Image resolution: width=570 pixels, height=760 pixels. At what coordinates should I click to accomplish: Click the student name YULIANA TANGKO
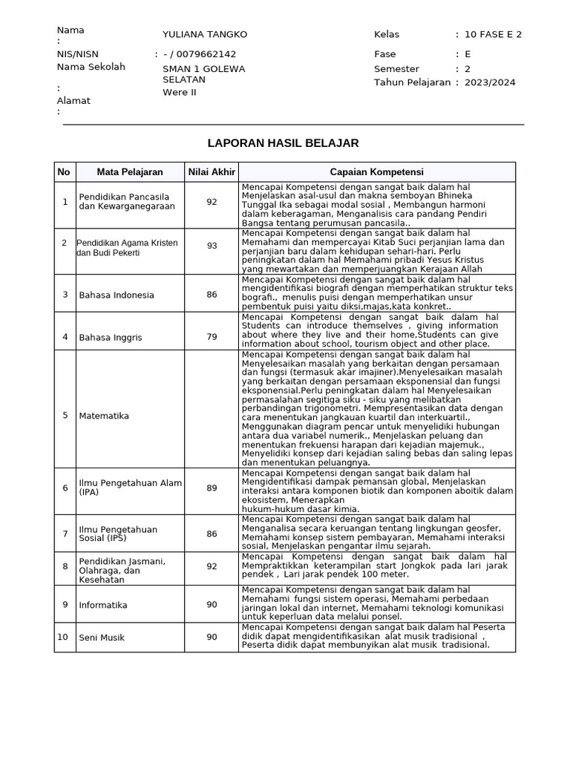[205, 35]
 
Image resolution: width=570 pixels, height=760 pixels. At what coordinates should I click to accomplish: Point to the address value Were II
[180, 93]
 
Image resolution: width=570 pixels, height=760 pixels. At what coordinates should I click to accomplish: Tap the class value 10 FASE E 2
[493, 35]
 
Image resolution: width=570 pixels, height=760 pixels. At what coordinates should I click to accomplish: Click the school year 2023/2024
[490, 82]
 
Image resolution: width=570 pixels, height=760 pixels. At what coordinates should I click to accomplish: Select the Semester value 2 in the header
[468, 68]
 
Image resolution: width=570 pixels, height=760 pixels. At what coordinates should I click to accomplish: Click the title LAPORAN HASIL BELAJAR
[284, 143]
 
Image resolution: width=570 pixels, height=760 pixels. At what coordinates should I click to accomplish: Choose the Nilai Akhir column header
[212, 172]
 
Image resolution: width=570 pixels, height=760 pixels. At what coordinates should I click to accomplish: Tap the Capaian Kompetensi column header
[376, 172]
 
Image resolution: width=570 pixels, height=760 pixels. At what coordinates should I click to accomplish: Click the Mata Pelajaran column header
[130, 172]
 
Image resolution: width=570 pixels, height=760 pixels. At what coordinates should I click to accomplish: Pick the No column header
[64, 172]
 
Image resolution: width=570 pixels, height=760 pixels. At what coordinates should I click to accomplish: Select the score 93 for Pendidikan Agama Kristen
[212, 246]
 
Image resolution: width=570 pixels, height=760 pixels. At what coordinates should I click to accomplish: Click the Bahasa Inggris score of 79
[212, 337]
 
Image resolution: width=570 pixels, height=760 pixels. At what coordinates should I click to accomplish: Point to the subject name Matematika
[104, 416]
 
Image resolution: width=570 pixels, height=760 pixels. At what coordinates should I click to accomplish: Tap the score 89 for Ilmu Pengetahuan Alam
[212, 488]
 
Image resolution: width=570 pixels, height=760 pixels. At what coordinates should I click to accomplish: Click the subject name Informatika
[103, 605]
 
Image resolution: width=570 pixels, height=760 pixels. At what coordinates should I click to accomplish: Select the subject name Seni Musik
[102, 638]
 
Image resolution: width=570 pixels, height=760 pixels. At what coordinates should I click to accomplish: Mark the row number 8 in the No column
[65, 566]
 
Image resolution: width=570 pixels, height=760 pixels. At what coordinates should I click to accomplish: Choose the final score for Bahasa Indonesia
[212, 295]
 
